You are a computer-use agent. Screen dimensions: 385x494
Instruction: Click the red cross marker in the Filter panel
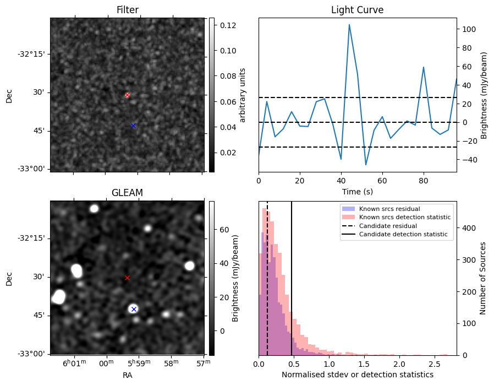[x=127, y=95]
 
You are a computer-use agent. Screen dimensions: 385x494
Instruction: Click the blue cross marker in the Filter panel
[x=133, y=126]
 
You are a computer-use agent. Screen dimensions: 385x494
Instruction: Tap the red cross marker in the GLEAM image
[x=127, y=278]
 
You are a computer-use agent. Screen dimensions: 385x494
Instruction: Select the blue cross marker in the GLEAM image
[x=133, y=309]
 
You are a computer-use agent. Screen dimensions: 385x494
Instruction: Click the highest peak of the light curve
[x=349, y=25]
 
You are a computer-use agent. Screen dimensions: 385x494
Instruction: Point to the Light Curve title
[x=357, y=10]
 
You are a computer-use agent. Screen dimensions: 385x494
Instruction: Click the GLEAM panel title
[x=127, y=193]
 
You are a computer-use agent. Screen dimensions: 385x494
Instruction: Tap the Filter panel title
[x=127, y=10]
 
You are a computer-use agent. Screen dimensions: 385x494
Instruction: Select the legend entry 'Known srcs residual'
[x=389, y=209]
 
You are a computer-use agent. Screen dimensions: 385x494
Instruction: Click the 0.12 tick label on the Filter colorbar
[x=228, y=25]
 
